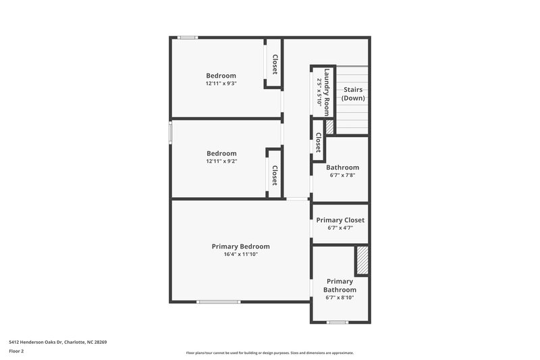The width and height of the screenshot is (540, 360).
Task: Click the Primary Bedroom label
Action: click(240, 247)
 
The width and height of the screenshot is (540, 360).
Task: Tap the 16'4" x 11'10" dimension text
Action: click(240, 255)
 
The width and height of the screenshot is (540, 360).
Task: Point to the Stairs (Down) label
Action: click(353, 94)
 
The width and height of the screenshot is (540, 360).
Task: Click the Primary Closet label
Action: click(340, 220)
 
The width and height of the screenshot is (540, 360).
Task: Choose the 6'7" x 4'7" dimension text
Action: click(340, 228)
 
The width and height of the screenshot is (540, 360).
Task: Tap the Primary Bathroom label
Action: click(340, 286)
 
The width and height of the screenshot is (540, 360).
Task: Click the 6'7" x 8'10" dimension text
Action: click(340, 297)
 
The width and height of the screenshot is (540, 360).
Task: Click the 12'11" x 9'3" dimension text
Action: click(221, 83)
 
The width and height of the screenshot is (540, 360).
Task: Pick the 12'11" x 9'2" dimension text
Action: click(221, 161)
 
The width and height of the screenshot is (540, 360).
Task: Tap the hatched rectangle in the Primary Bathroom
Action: click(362, 261)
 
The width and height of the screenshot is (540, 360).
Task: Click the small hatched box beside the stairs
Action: click(330, 126)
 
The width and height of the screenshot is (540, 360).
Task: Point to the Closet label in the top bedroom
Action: click(275, 64)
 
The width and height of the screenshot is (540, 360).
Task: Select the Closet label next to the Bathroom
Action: click(317, 143)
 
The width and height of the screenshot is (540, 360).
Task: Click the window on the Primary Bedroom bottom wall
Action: click(218, 302)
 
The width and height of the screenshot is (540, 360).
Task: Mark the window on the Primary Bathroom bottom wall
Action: click(337, 323)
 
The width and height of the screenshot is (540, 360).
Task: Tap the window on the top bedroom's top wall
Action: click(188, 37)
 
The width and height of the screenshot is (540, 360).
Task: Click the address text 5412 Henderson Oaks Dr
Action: click(57, 342)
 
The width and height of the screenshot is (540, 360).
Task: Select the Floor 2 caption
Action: click(17, 351)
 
